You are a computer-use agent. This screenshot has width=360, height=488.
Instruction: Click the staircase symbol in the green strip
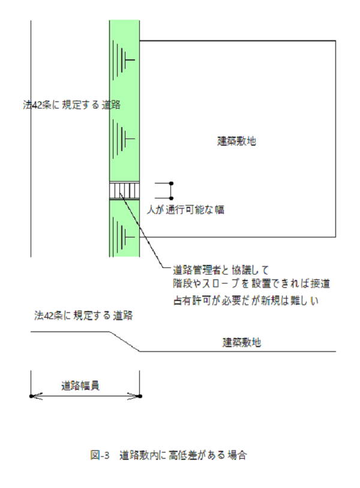[124, 191]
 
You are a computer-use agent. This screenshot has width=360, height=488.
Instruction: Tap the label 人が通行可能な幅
[187, 210]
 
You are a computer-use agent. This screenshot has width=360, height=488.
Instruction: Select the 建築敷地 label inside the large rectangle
[236, 141]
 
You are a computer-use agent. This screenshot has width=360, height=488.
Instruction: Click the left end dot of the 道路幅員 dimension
[31, 396]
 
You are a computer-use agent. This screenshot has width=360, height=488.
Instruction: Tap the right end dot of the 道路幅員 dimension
[139, 396]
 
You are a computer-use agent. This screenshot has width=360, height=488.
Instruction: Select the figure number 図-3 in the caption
[99, 455]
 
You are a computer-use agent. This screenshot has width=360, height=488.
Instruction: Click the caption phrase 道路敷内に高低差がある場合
[182, 455]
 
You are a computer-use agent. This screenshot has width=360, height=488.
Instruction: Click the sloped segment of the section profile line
[124, 342]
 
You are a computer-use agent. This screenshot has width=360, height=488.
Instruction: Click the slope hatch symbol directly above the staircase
[125, 138]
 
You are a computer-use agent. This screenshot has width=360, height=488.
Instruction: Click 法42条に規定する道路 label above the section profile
[83, 315]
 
